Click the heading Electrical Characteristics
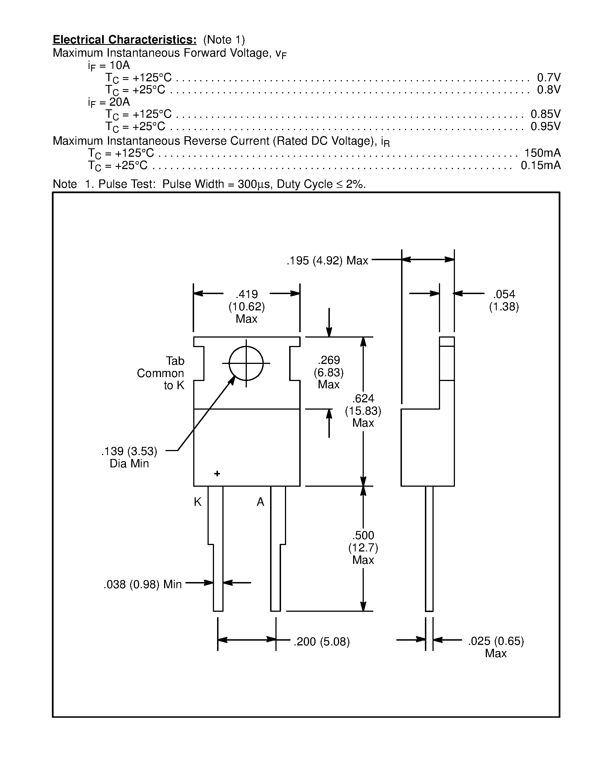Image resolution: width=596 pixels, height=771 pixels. click(x=124, y=40)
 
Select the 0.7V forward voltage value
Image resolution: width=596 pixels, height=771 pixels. click(x=548, y=77)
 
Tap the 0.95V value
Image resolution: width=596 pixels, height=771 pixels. click(x=545, y=126)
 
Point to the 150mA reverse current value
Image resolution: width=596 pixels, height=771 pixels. click(x=542, y=153)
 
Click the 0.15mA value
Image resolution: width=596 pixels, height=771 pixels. click(x=540, y=165)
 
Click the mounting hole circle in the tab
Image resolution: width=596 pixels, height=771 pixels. click(x=246, y=363)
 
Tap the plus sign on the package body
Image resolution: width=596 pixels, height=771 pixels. click(x=217, y=474)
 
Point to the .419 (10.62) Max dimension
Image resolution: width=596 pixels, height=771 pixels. click(x=247, y=306)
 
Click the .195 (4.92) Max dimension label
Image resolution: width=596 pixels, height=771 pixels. click(x=327, y=260)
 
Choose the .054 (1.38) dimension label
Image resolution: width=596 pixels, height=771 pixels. click(x=504, y=300)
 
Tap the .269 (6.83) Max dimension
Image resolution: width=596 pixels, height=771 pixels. click(x=329, y=372)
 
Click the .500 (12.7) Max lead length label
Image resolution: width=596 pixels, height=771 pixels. click(x=363, y=548)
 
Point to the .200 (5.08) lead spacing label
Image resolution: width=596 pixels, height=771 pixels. click(x=321, y=641)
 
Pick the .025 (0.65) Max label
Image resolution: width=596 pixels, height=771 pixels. click(x=496, y=647)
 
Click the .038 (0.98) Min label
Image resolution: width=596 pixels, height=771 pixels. click(x=143, y=584)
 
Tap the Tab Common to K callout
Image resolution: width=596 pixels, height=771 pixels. click(x=161, y=373)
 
